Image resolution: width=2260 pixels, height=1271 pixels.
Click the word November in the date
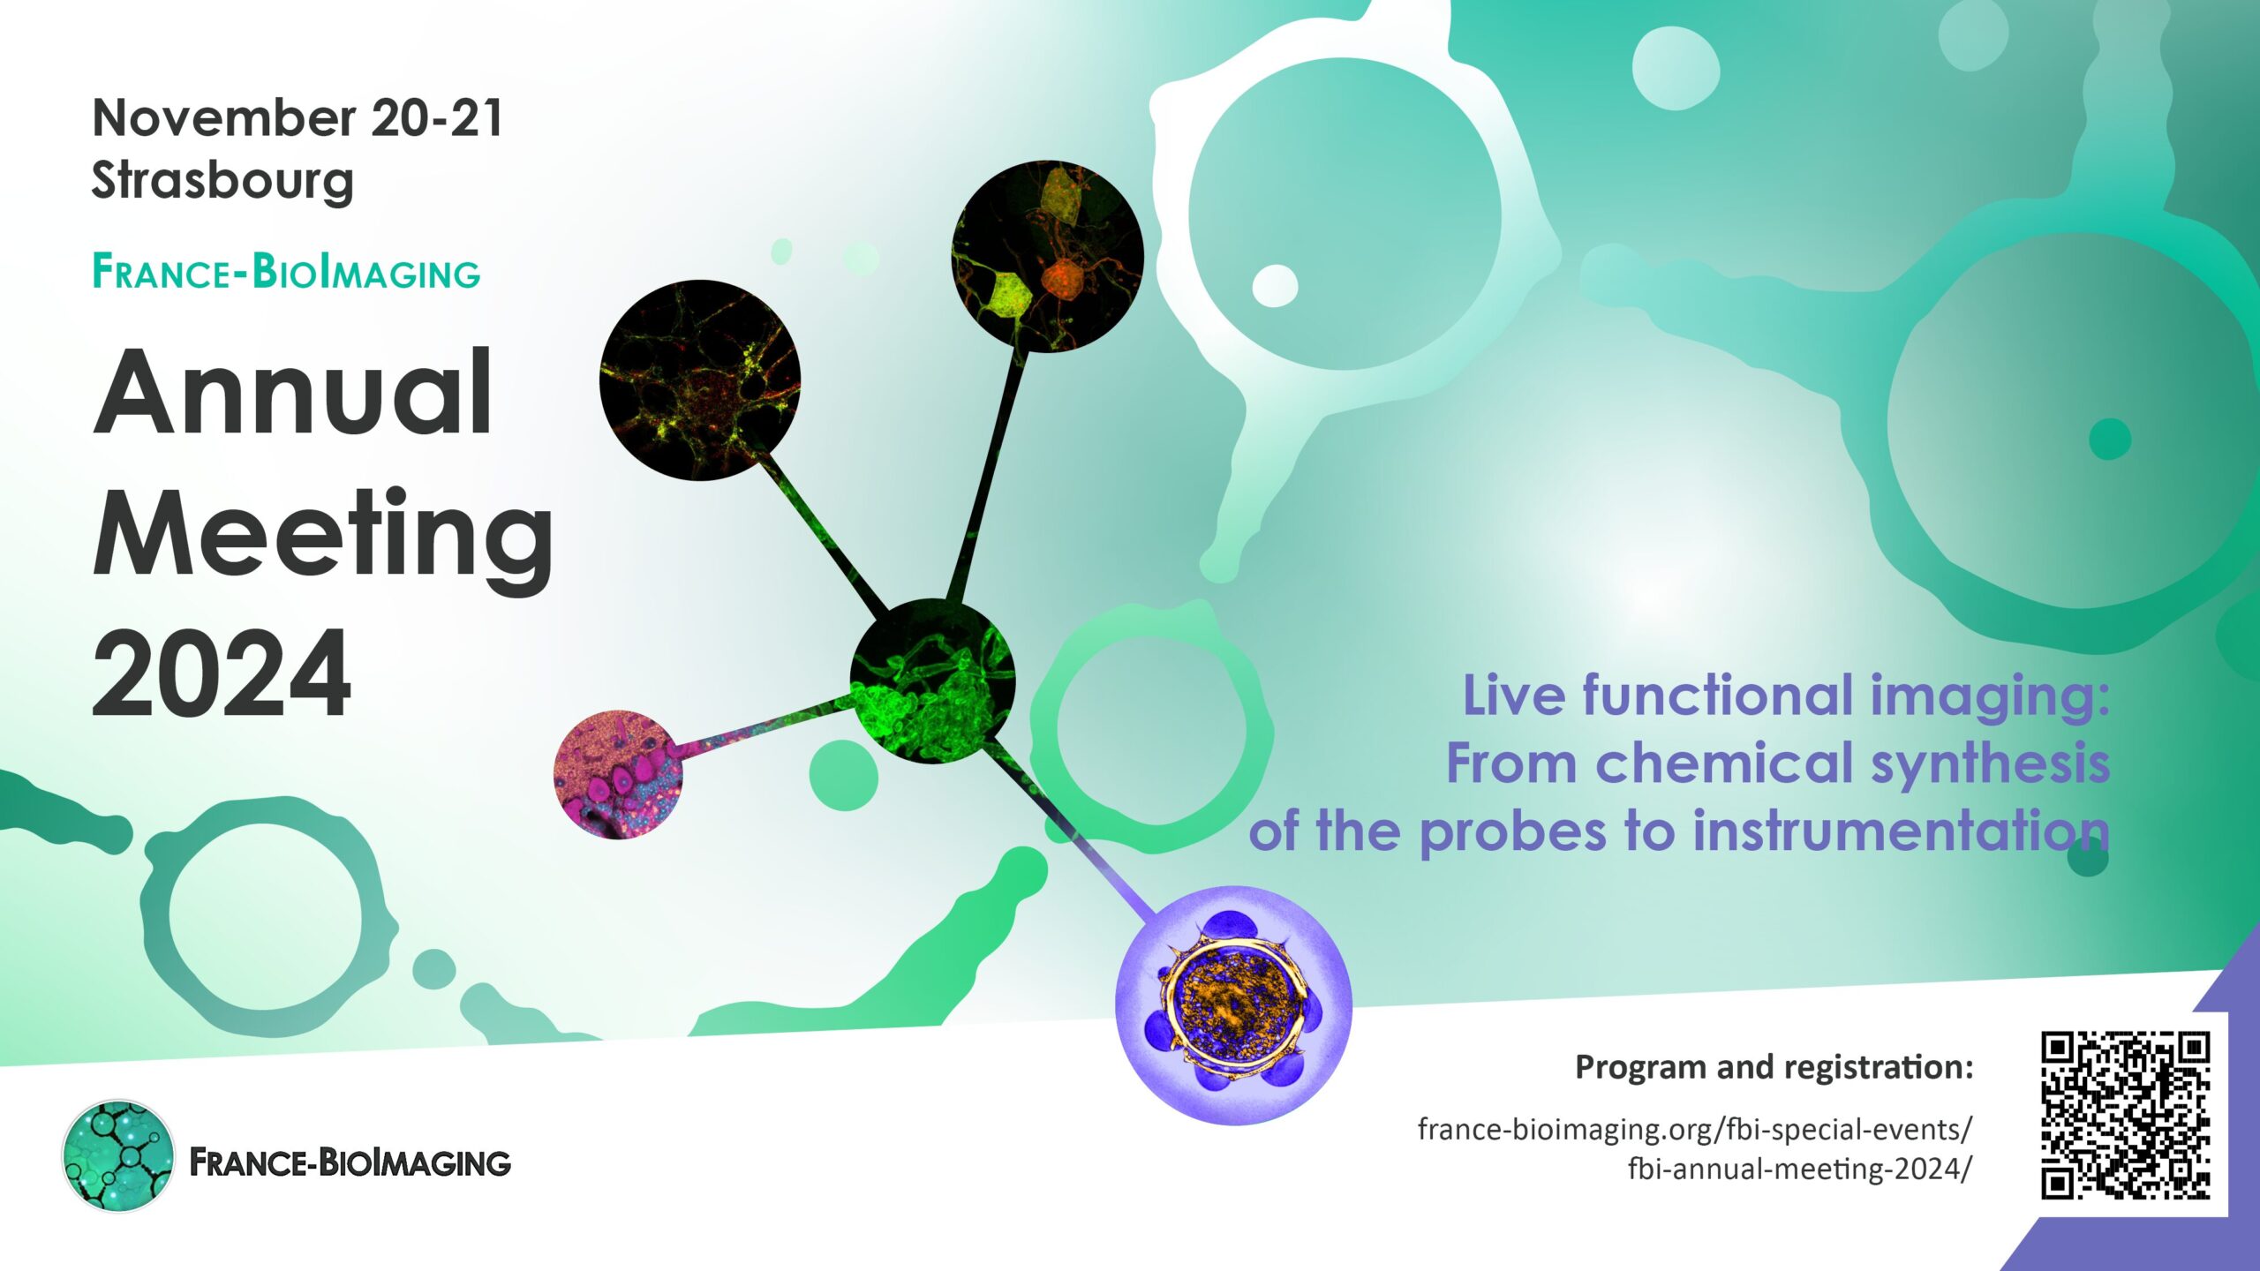[224, 117]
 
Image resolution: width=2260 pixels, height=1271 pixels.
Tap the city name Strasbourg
[222, 182]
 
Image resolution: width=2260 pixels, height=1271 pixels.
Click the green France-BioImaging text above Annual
[286, 272]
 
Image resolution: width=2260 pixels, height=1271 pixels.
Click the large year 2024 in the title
[222, 673]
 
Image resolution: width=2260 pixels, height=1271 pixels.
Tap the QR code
[2125, 1115]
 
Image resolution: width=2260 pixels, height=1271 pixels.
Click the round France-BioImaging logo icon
[118, 1155]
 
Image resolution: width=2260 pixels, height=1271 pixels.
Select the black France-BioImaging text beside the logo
[350, 1162]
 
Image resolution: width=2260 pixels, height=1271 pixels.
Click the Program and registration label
[1774, 1068]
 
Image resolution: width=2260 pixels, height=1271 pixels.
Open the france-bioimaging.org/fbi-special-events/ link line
[1695, 1129]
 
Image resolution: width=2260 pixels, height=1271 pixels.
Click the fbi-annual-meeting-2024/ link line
[1800, 1169]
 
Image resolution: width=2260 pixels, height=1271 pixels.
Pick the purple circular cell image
[1234, 1005]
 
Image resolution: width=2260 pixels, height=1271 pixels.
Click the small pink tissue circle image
[618, 774]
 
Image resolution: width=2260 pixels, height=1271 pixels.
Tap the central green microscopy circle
[932, 681]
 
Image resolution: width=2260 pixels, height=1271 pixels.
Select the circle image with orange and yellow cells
[1048, 257]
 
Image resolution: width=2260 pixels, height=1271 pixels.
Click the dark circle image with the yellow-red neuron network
[700, 380]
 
